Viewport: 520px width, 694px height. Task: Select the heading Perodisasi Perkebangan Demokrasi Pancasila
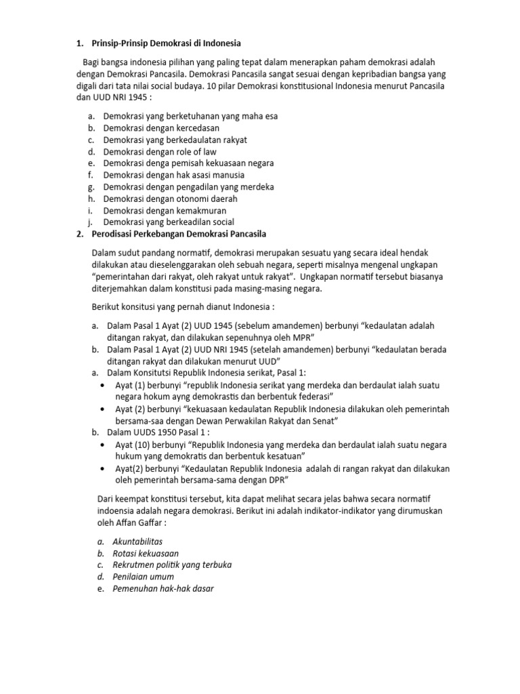pos(179,234)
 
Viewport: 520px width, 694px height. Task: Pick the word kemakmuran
pos(201,211)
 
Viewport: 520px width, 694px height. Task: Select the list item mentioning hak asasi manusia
pos(174,176)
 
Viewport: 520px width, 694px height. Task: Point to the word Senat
pos(324,421)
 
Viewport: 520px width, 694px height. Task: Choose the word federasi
pos(316,396)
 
